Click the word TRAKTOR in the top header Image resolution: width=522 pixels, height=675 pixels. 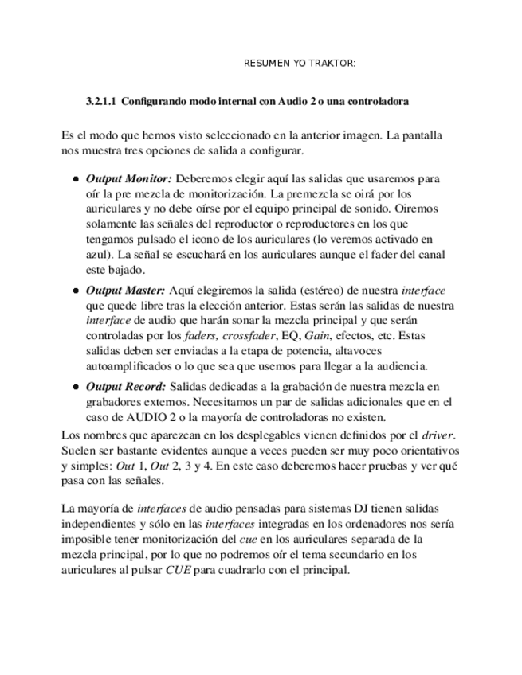333,63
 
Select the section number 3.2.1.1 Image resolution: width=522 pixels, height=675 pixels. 101,103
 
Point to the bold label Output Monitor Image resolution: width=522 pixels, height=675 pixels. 128,178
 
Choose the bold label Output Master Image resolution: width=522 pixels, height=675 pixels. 125,291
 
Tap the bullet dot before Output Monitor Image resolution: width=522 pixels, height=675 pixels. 76,179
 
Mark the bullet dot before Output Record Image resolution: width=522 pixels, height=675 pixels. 76,388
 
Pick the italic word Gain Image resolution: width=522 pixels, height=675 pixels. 317,336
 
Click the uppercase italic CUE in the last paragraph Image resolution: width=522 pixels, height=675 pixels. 178,570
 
